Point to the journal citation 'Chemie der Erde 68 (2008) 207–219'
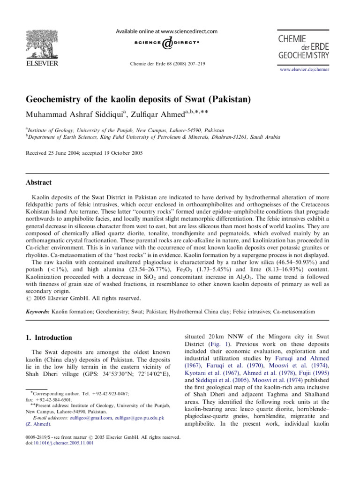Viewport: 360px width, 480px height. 167,64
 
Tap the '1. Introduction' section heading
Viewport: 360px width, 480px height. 49,337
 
